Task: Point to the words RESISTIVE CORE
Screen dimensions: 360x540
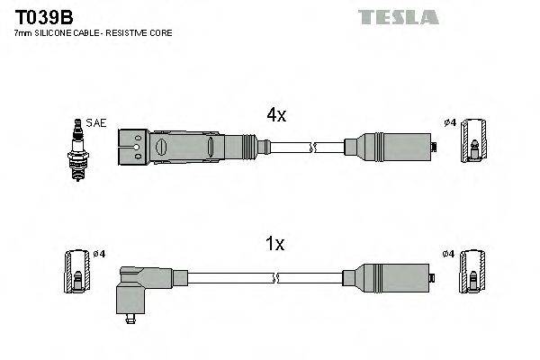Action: click(141, 32)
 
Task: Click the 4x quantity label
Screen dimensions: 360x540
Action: click(275, 115)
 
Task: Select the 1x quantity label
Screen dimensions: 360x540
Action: click(275, 243)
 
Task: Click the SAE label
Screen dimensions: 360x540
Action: click(95, 123)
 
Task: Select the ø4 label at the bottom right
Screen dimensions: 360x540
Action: click(449, 255)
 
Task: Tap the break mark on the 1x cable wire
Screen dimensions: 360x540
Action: click(311, 276)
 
